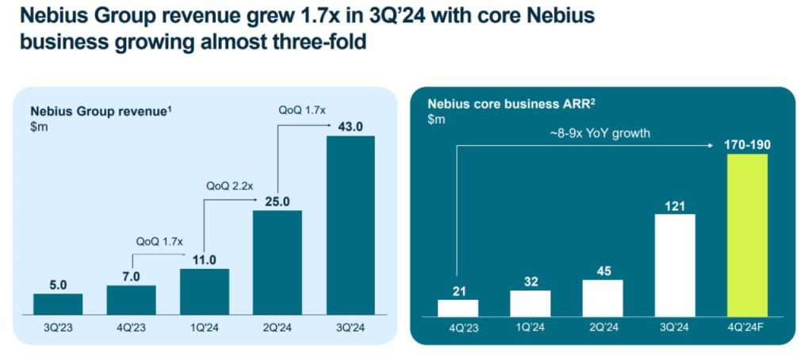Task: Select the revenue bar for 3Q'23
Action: coord(58,304)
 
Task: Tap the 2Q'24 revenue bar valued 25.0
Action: coord(278,262)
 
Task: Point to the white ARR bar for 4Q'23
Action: coord(458,307)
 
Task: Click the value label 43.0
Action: coord(350,126)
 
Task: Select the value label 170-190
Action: coord(747,144)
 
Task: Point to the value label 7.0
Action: coord(131,275)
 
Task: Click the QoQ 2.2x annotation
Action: coord(230,186)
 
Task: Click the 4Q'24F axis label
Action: coord(747,325)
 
